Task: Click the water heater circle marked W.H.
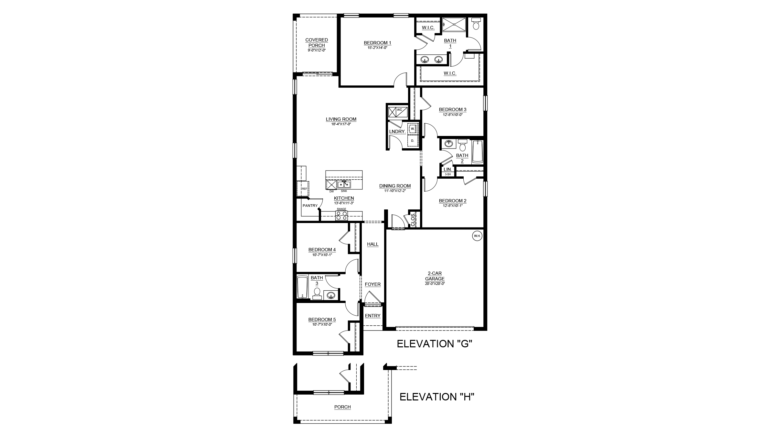(x=477, y=236)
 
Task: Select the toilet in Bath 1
(x=476, y=23)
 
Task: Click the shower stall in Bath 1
(x=454, y=25)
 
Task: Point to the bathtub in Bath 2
(x=477, y=152)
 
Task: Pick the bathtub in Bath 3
(x=302, y=287)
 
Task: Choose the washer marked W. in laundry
(x=413, y=129)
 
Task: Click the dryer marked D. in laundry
(x=413, y=141)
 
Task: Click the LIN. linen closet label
(x=447, y=169)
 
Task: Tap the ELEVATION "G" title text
(x=435, y=344)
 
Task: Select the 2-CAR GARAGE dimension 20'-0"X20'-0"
(x=435, y=284)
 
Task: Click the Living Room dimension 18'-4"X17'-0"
(x=341, y=124)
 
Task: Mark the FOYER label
(x=373, y=284)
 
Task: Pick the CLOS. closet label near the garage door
(x=413, y=219)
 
